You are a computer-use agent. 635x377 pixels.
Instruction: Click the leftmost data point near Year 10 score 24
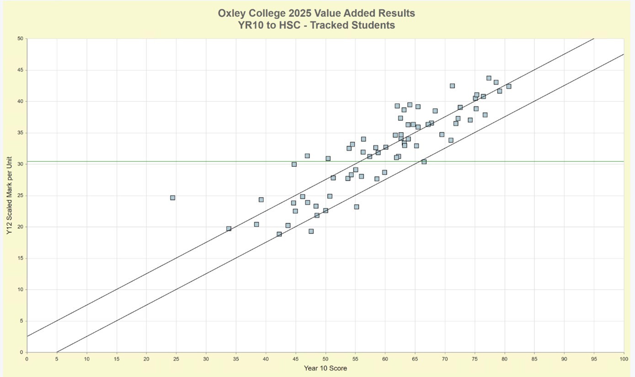(x=172, y=198)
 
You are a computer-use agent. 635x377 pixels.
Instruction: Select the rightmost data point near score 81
(x=508, y=86)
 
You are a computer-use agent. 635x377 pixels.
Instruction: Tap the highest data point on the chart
(x=489, y=78)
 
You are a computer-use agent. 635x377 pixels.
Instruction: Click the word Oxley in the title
(x=232, y=13)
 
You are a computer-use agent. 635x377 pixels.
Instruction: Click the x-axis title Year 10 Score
(x=325, y=368)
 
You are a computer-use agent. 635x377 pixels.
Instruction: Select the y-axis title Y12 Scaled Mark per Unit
(x=9, y=196)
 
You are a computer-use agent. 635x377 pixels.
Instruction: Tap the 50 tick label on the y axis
(x=20, y=39)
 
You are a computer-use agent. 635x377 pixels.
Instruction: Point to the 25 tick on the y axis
(x=20, y=196)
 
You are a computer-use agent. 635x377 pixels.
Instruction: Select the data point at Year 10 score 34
(x=229, y=228)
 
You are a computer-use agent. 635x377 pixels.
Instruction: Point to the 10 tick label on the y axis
(x=20, y=290)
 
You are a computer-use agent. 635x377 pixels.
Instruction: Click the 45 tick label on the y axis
(x=20, y=70)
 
